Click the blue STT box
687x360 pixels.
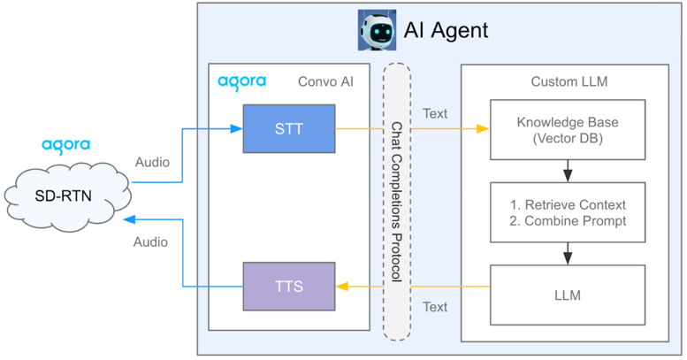(289, 129)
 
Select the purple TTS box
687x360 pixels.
(289, 287)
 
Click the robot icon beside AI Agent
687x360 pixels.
(377, 29)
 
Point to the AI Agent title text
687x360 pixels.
(446, 30)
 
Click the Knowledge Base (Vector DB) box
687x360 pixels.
(568, 129)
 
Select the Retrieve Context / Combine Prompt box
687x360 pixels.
(568, 212)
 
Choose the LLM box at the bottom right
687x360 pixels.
(568, 295)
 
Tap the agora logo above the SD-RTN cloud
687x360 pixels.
(66, 145)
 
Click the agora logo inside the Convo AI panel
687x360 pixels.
(241, 82)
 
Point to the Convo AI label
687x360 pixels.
(326, 82)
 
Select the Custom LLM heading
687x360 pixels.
(569, 82)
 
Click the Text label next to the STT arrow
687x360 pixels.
(435, 113)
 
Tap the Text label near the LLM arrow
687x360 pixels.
(435, 307)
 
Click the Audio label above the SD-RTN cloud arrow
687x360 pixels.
(152, 163)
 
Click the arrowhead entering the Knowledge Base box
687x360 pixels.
(484, 129)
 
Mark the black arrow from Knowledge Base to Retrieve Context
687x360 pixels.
(568, 170)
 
